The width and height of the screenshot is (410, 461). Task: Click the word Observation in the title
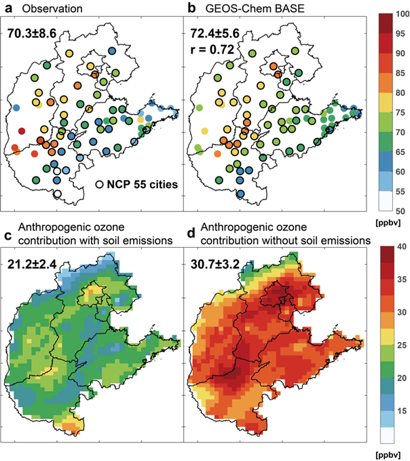point(49,9)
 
